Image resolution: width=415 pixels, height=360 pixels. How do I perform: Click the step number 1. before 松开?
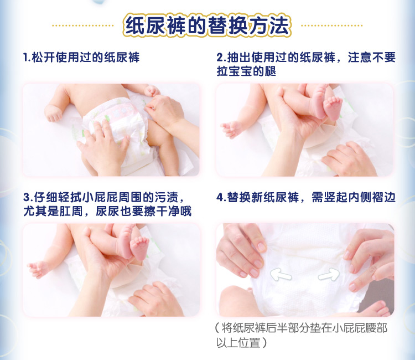(x=26, y=57)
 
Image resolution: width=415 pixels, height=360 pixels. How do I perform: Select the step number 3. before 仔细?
(x=26, y=198)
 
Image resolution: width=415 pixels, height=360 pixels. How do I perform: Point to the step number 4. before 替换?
(x=221, y=198)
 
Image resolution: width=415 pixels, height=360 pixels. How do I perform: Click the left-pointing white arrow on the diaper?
(x=280, y=272)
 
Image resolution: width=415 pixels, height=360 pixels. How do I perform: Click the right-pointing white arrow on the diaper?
(x=329, y=273)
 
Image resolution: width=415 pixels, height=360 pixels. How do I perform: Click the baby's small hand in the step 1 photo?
(x=54, y=114)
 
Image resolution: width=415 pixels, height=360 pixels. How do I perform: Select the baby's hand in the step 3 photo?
(x=38, y=269)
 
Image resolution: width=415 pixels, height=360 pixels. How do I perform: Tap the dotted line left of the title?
(x=82, y=25)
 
